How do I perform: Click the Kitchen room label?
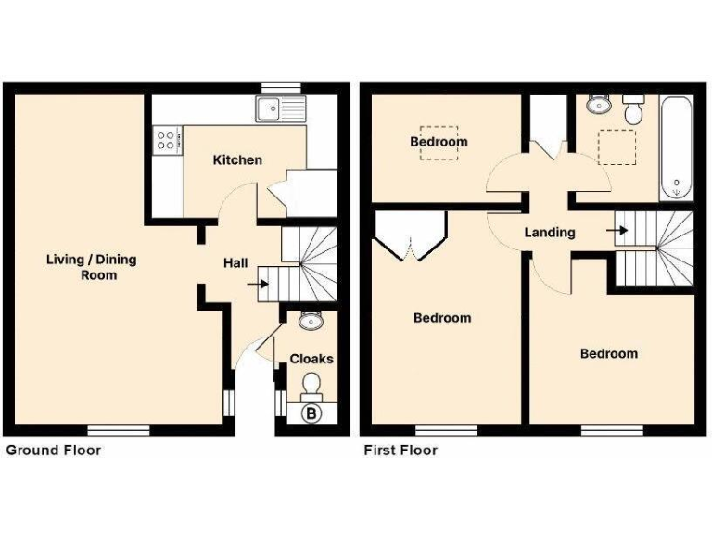(237, 160)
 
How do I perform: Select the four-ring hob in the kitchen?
(167, 140)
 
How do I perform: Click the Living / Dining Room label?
(91, 267)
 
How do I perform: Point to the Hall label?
(235, 263)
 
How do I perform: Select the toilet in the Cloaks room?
(312, 383)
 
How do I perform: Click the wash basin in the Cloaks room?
(311, 322)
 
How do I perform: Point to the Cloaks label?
(311, 359)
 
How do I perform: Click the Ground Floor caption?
(54, 451)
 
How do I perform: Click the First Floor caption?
(399, 451)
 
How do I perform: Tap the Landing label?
(550, 233)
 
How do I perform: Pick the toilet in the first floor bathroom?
(635, 110)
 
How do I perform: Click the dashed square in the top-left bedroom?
(439, 143)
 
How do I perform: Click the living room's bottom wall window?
(119, 429)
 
